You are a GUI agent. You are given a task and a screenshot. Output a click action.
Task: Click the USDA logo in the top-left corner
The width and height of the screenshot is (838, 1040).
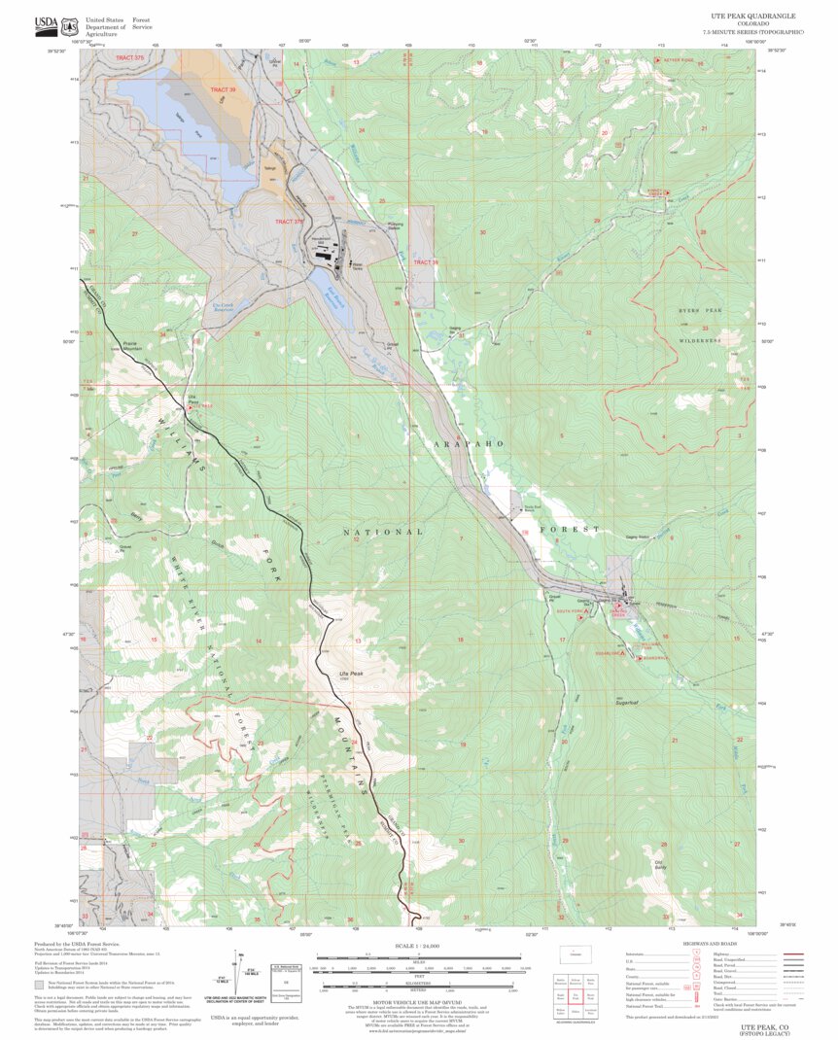[46, 25]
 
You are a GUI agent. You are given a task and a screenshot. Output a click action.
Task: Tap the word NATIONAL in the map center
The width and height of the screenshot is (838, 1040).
[384, 532]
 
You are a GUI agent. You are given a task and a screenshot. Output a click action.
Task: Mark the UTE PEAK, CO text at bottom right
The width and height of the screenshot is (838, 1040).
[763, 1024]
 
